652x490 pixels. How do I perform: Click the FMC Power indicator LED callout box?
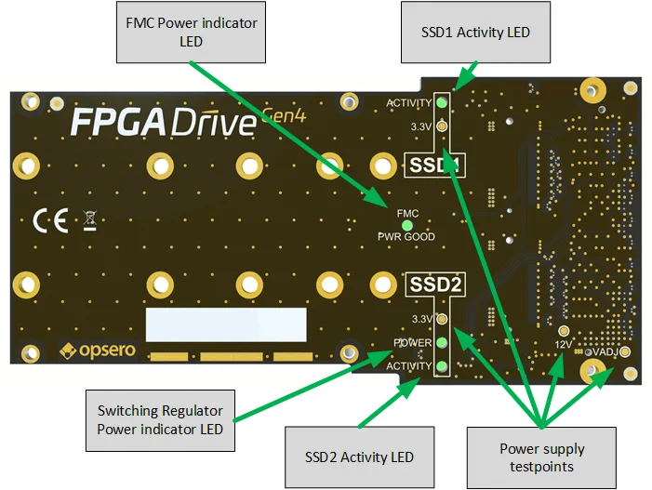click(191, 31)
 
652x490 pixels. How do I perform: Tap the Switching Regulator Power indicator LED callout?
click(160, 419)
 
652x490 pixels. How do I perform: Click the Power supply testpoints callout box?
click(540, 457)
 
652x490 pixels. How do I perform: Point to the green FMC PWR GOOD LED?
click(406, 225)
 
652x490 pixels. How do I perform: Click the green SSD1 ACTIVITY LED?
click(443, 103)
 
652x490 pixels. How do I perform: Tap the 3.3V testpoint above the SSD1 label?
click(443, 126)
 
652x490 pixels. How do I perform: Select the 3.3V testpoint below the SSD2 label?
click(443, 320)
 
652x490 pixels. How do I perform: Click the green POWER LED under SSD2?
click(443, 343)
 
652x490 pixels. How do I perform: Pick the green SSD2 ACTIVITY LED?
click(443, 366)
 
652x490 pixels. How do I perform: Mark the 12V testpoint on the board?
click(563, 331)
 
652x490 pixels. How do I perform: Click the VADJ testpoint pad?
click(625, 352)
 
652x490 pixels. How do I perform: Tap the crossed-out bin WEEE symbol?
click(89, 221)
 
